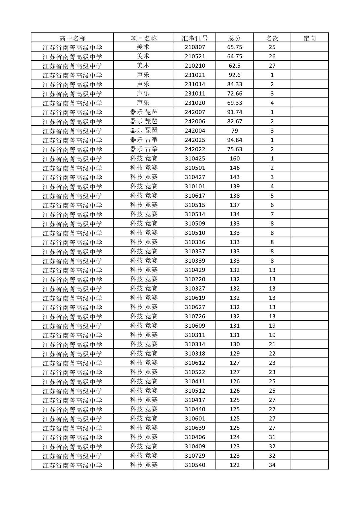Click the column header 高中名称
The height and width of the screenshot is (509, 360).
(x=72, y=38)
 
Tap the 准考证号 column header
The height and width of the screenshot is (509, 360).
(x=195, y=38)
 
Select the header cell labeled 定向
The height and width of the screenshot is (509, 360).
(x=309, y=38)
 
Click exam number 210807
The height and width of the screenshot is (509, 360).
(x=195, y=47)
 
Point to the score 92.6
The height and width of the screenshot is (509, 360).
(x=235, y=75)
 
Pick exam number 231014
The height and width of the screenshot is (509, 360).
(x=195, y=84)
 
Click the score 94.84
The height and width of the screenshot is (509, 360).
(x=235, y=140)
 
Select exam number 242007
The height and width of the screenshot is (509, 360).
(x=195, y=112)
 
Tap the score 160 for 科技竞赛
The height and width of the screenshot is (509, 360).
(x=235, y=159)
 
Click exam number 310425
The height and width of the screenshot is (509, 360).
(x=195, y=159)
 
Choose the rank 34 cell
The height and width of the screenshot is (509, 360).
(x=272, y=465)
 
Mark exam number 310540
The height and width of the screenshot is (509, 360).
(x=195, y=465)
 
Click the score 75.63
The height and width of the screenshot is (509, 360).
(x=235, y=149)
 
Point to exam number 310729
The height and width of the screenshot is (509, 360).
(x=195, y=456)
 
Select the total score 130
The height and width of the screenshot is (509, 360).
(x=235, y=344)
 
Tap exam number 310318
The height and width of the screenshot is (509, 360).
(x=195, y=354)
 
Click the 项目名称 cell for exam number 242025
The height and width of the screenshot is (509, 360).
(x=144, y=140)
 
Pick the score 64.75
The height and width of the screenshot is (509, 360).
(x=235, y=57)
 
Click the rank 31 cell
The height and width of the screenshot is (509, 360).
(x=272, y=437)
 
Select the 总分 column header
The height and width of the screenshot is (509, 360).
(x=235, y=38)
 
